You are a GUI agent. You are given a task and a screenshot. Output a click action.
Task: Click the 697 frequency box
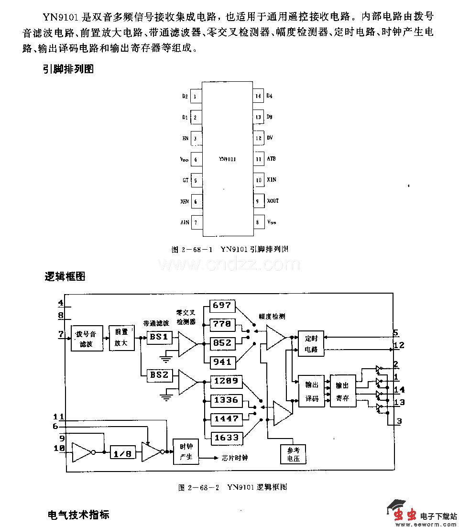tap(222, 306)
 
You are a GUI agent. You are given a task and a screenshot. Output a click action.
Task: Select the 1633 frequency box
tap(226, 438)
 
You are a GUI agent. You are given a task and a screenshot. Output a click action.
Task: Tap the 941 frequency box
tap(222, 362)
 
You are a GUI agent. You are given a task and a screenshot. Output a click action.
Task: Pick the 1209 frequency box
tap(226, 381)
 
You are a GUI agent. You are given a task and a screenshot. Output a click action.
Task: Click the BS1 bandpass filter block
tap(159, 337)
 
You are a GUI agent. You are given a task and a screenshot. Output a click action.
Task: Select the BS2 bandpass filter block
tap(159, 375)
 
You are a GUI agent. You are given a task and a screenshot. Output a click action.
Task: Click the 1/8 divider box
tap(122, 453)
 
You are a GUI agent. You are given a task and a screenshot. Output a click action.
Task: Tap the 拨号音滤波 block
tap(87, 339)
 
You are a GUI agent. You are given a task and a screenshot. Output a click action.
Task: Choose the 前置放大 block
tap(121, 339)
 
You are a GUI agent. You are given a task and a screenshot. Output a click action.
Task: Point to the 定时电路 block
tap(311, 344)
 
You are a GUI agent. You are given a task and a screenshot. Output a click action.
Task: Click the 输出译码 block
tap(311, 391)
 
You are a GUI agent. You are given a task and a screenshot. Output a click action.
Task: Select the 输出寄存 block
tap(343, 391)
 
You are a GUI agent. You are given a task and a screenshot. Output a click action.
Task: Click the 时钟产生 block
tap(186, 451)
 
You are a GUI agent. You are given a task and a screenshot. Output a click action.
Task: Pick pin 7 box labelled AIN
tap(196, 222)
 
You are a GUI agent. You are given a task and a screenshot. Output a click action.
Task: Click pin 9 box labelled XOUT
tap(258, 201)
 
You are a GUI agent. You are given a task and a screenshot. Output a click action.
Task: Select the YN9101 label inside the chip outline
tap(227, 159)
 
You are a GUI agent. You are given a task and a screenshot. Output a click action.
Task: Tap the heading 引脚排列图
tap(68, 69)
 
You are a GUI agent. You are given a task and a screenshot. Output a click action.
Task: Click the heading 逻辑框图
tap(65, 276)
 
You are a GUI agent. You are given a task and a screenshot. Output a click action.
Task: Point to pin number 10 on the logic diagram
tap(59, 448)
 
